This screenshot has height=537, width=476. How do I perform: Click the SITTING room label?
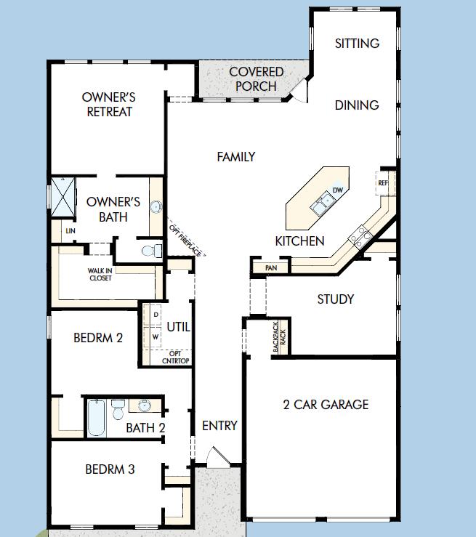click(x=357, y=44)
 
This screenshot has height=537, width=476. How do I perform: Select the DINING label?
click(x=357, y=105)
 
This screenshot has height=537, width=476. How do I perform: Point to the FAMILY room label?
click(x=235, y=156)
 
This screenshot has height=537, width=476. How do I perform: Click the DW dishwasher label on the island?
click(x=337, y=190)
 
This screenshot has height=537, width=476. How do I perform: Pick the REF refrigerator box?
click(x=383, y=183)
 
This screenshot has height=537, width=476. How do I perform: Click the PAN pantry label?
click(x=271, y=268)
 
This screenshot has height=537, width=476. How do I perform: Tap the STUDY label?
click(x=336, y=299)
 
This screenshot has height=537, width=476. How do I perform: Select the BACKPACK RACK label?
click(x=279, y=337)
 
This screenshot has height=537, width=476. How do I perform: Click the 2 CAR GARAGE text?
click(x=326, y=405)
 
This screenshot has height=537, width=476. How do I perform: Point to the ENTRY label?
click(x=219, y=426)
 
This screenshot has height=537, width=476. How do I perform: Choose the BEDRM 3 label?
click(x=110, y=469)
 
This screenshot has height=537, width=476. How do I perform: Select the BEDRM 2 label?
click(x=98, y=338)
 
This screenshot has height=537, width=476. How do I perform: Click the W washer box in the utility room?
click(x=156, y=337)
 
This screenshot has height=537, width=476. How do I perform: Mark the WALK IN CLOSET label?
click(x=101, y=274)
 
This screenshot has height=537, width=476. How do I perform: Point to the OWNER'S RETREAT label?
click(x=109, y=104)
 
